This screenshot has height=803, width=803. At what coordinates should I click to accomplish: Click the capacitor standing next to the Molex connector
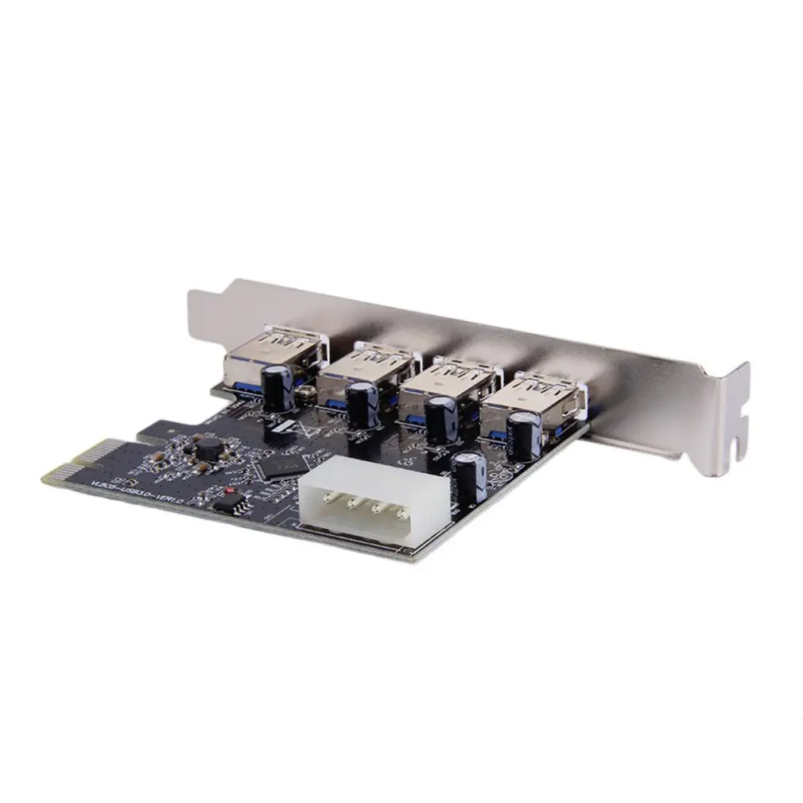465,475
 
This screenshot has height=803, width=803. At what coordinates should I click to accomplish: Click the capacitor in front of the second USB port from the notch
440,420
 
